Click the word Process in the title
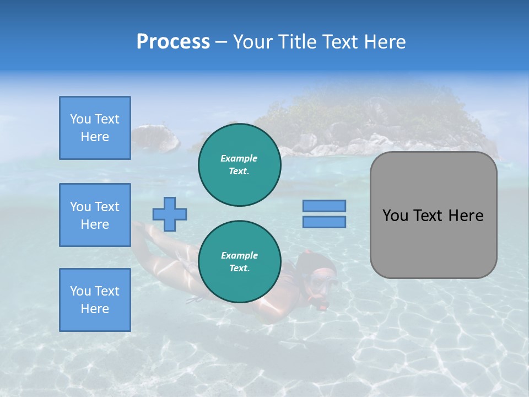pyautogui.click(x=173, y=42)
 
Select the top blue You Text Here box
pyautogui.click(x=95, y=128)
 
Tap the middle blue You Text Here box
pyautogui.click(x=95, y=215)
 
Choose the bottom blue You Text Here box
pyautogui.click(x=95, y=300)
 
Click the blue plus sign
pyautogui.click(x=170, y=214)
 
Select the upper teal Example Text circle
pyautogui.click(x=240, y=165)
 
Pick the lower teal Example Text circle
pyautogui.click(x=240, y=262)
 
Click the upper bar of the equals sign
pyautogui.click(x=324, y=206)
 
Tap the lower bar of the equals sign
pyautogui.click(x=324, y=222)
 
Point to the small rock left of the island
pyautogui.click(x=155, y=138)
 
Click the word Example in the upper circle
pyautogui.click(x=239, y=158)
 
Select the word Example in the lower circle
pyautogui.click(x=239, y=255)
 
